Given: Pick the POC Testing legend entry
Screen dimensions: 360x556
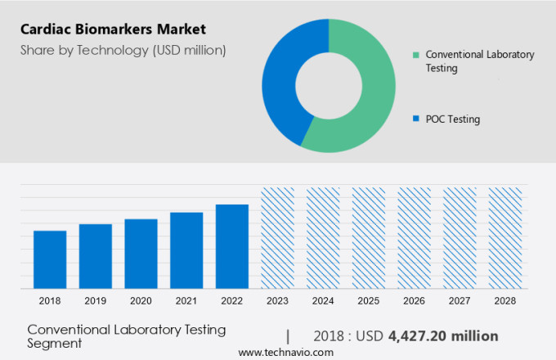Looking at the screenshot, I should (x=452, y=119).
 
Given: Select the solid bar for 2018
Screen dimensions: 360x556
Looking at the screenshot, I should (x=50, y=259).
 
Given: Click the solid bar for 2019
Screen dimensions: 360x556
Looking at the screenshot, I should (x=96, y=256).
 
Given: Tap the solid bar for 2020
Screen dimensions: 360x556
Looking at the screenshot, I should (x=141, y=254).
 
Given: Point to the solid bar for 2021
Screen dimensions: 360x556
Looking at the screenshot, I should (x=186, y=250).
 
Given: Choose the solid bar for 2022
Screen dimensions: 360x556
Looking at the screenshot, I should (x=232, y=246).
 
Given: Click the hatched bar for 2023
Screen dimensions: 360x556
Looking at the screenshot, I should (x=277, y=238).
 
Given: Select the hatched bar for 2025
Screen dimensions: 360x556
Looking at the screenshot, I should (x=369, y=238).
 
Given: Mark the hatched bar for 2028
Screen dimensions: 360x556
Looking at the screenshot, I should (x=504, y=238).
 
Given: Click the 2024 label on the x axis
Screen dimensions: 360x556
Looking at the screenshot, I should (x=323, y=301).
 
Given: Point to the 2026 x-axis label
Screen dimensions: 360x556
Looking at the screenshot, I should (x=414, y=301).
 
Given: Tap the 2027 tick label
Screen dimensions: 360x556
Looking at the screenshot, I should (x=460, y=301).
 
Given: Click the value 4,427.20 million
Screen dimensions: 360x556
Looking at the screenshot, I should (x=443, y=335).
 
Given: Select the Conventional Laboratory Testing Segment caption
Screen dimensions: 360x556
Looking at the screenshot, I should (x=126, y=335).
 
